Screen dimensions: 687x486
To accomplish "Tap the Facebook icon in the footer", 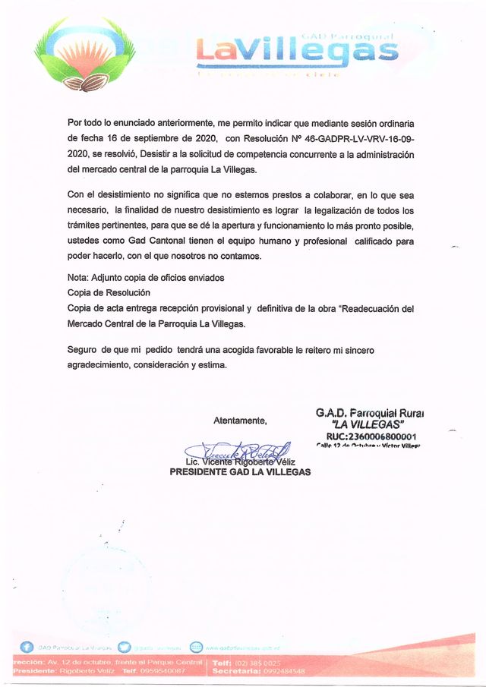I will (27, 647).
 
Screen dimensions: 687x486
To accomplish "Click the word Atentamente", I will (240, 421).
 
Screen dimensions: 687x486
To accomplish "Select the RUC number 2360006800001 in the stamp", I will (371, 436).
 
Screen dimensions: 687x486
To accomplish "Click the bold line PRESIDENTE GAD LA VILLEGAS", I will (240, 471).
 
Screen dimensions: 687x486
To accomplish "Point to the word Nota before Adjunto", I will (77, 277).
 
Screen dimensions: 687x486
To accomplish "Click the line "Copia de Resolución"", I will (109, 293).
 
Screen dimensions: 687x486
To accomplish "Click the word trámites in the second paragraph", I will (85, 225).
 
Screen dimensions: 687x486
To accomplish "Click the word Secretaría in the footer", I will (238, 671).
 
